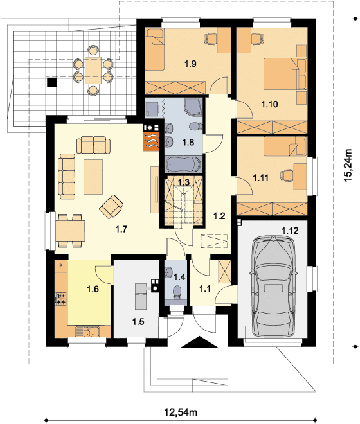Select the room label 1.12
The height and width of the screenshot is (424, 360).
point(291,229)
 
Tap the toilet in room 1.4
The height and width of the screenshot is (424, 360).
point(176,292)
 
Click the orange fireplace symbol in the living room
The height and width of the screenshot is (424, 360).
point(151,138)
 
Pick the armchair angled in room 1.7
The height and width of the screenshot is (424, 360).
point(112,206)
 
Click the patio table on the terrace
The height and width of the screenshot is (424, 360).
point(92,67)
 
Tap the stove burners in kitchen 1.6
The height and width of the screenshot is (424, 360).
point(62,298)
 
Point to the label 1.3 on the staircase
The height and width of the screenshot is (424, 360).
point(183,182)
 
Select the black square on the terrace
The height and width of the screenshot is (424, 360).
point(51,82)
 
